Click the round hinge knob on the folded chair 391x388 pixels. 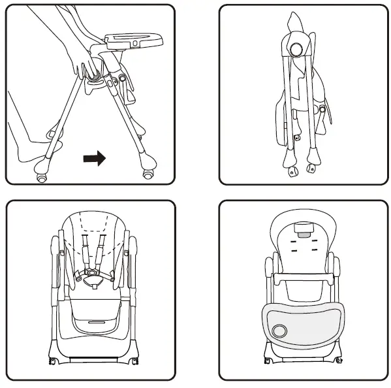295,49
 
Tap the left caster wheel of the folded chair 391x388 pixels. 291,171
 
